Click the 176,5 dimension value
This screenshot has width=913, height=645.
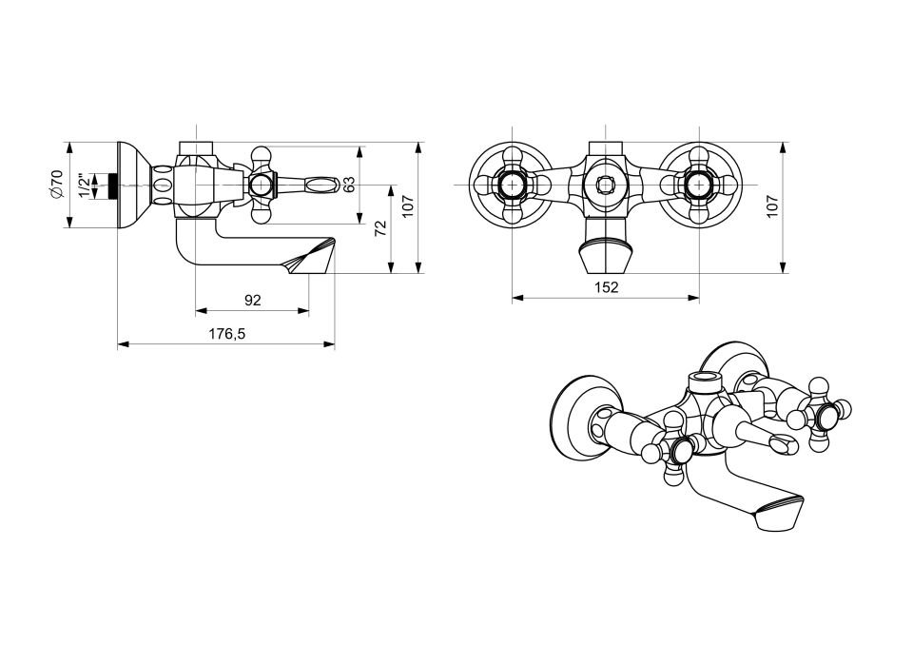(227, 334)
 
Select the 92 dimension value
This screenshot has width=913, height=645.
(252, 300)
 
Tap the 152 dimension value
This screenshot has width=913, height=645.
(606, 286)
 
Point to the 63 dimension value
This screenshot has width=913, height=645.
(349, 185)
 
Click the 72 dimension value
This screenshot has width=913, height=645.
(380, 227)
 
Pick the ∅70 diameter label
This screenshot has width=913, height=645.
(56, 185)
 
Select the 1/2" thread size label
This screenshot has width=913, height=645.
(85, 185)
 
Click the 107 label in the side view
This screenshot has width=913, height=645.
(408, 206)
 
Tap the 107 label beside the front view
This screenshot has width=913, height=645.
(772, 206)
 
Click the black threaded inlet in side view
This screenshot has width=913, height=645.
(113, 185)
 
